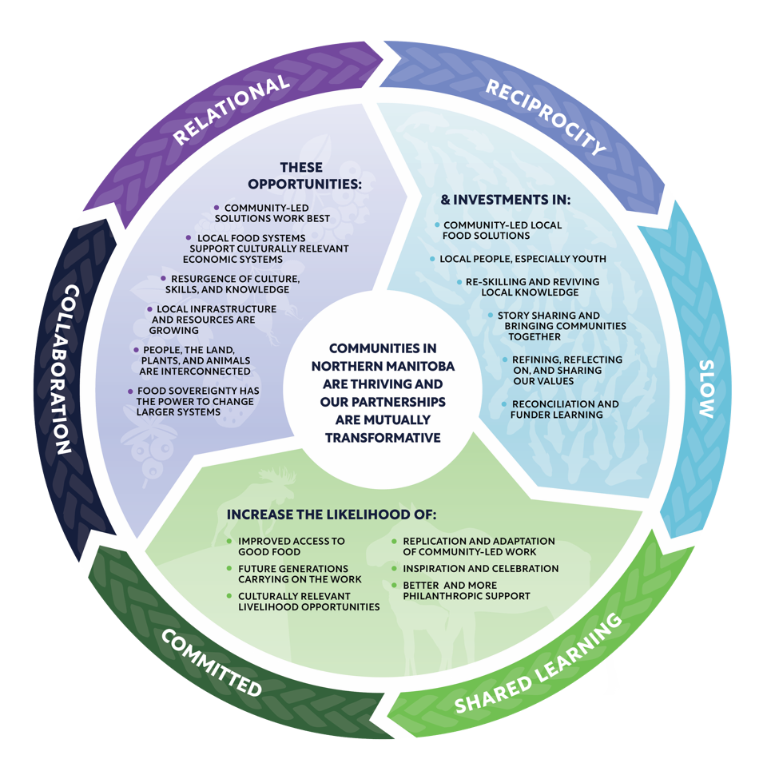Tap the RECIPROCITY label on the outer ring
click(x=546, y=117)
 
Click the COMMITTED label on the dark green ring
click(x=211, y=662)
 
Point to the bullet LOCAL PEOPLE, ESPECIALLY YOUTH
click(x=523, y=259)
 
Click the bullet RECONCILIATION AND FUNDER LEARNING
click(x=564, y=409)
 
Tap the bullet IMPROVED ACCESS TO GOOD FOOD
click(x=291, y=546)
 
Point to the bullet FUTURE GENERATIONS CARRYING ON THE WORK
click(x=300, y=574)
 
